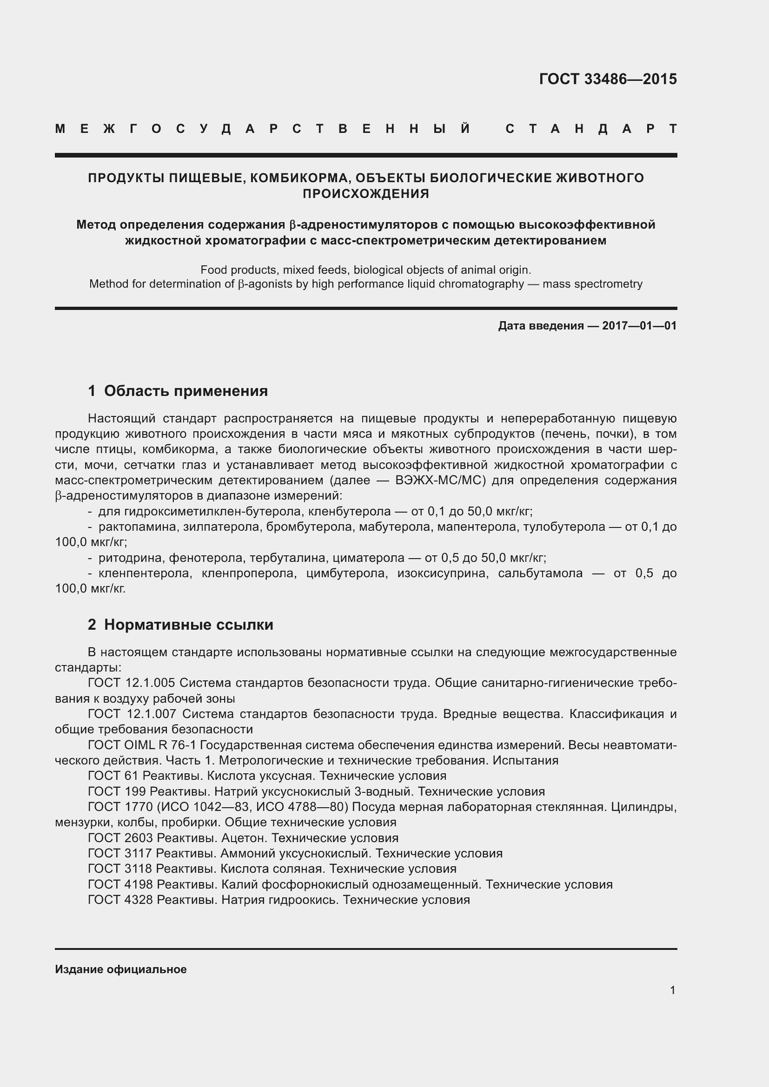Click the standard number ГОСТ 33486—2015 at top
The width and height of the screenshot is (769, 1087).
coord(608,79)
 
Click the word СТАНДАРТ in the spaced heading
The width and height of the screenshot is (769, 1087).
coord(591,129)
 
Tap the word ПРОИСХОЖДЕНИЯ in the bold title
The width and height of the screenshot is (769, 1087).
coord(365,194)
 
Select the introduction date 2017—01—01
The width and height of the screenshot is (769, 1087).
coord(639,326)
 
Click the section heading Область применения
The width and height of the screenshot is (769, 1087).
coord(186,391)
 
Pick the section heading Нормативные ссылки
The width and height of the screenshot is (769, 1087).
coord(188,625)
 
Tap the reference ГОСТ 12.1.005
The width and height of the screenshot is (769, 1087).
coord(131,683)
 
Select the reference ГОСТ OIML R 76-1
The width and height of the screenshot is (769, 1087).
coord(142,745)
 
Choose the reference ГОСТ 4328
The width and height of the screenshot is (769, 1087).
coord(120,900)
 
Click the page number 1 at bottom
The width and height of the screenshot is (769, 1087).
coord(672,990)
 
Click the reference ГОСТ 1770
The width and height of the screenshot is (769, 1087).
coord(120,807)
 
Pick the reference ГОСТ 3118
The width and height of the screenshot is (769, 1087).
coord(120,869)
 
